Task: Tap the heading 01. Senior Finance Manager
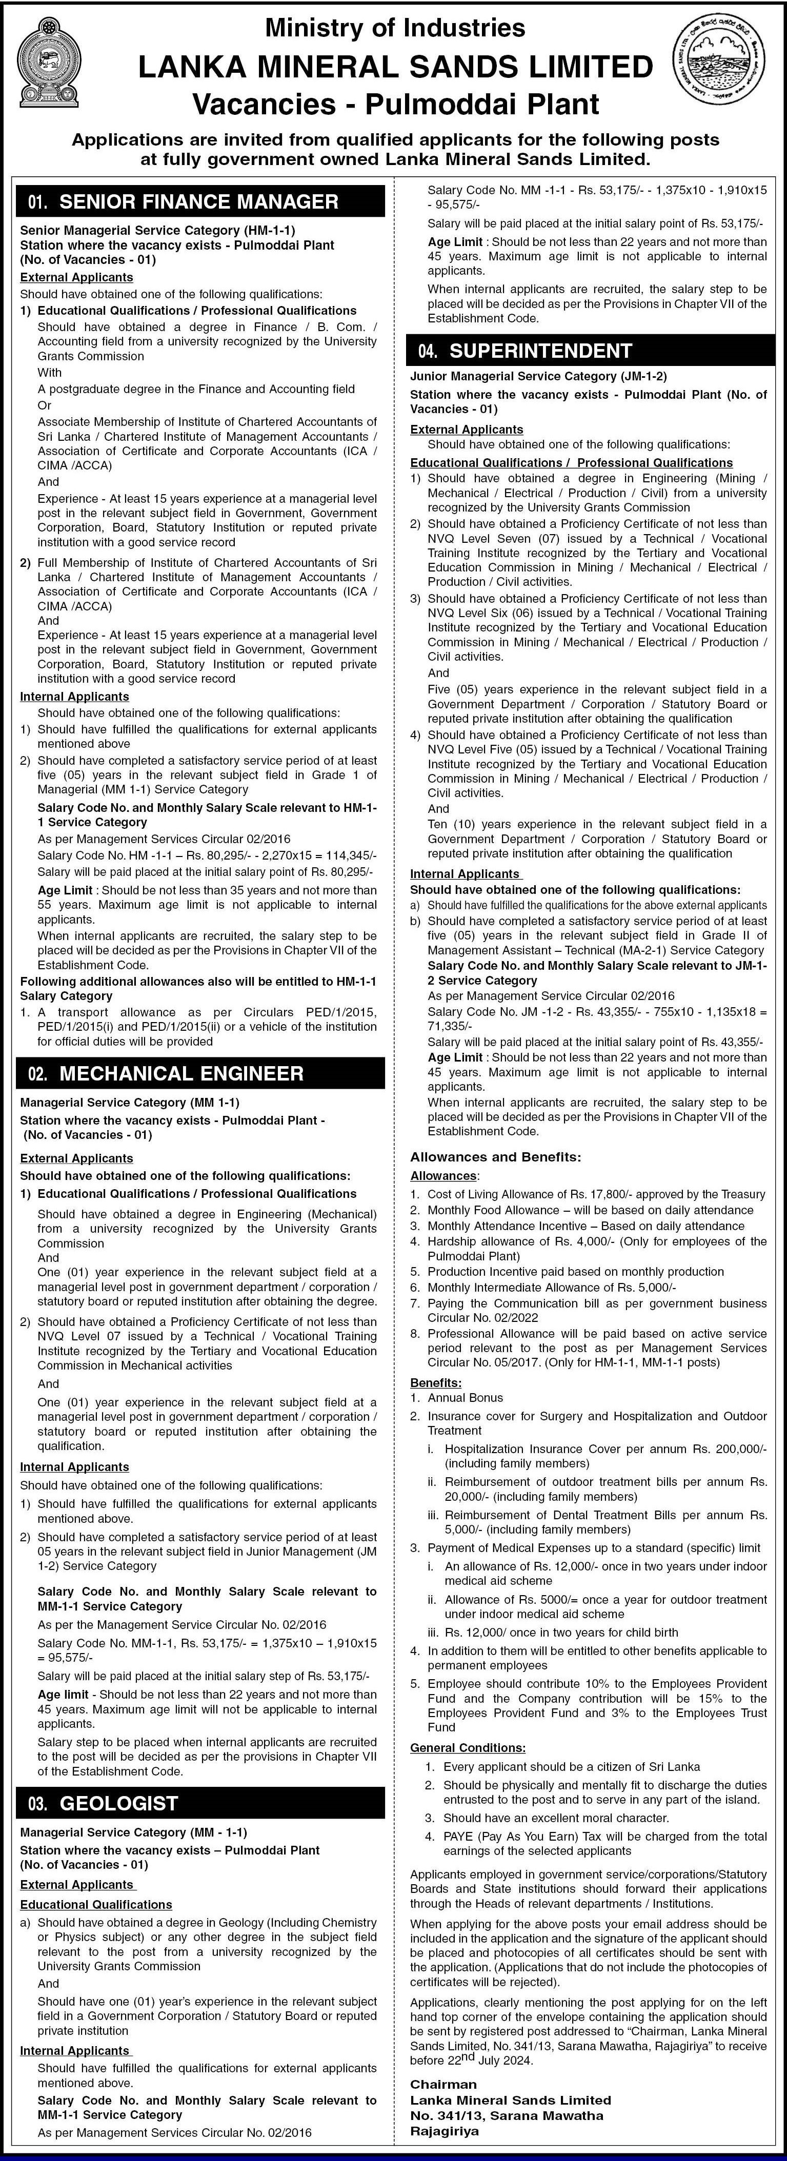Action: (x=183, y=202)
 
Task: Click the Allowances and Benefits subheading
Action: (x=495, y=1157)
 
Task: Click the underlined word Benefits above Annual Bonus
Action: (x=435, y=1382)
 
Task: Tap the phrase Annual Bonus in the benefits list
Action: (x=465, y=1398)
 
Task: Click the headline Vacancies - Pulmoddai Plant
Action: (x=396, y=104)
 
